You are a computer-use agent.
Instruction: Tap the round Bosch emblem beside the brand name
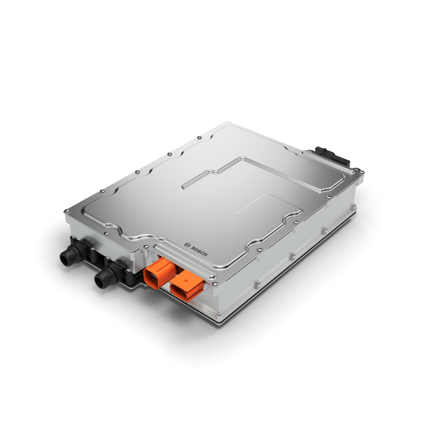187,244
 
